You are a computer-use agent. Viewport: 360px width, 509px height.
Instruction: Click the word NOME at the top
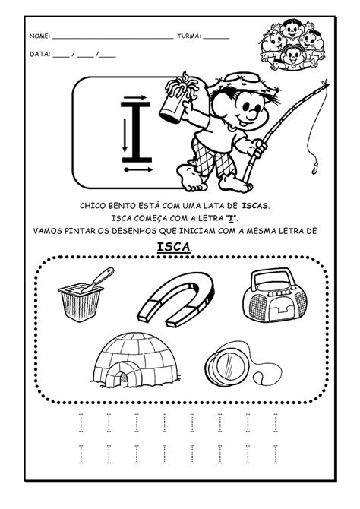39,36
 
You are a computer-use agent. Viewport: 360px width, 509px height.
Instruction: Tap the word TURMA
189,36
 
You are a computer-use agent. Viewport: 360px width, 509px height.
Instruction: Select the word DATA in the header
40,54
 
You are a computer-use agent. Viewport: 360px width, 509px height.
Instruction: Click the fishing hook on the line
314,168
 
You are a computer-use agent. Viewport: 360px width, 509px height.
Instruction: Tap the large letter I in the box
136,131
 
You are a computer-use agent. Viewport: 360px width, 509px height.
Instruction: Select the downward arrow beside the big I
125,135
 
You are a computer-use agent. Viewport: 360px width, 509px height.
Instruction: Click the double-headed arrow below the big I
138,169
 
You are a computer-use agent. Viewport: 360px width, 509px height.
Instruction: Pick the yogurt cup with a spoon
83,296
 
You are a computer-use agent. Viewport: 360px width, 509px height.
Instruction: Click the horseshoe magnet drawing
175,299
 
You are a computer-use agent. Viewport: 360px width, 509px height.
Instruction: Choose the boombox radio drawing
275,296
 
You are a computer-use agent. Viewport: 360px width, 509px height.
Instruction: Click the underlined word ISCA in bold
174,247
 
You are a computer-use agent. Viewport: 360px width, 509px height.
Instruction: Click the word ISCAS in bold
255,206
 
